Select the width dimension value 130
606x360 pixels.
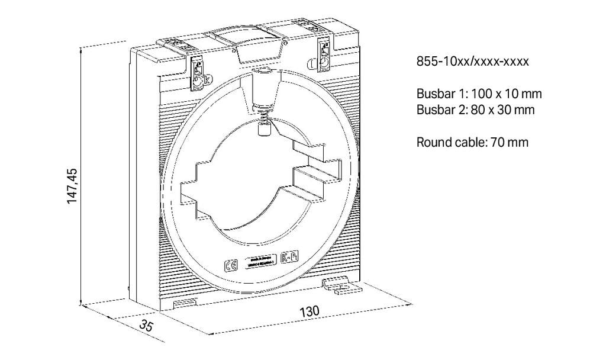[310, 311]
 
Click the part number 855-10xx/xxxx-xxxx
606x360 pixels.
[472, 61]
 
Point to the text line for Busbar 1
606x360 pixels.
[479, 94]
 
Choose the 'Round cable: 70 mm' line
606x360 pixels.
[472, 142]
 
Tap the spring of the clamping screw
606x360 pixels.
[264, 111]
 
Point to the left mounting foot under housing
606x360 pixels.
[185, 302]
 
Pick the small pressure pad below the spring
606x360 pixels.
[264, 127]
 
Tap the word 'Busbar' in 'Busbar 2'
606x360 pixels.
[434, 109]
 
